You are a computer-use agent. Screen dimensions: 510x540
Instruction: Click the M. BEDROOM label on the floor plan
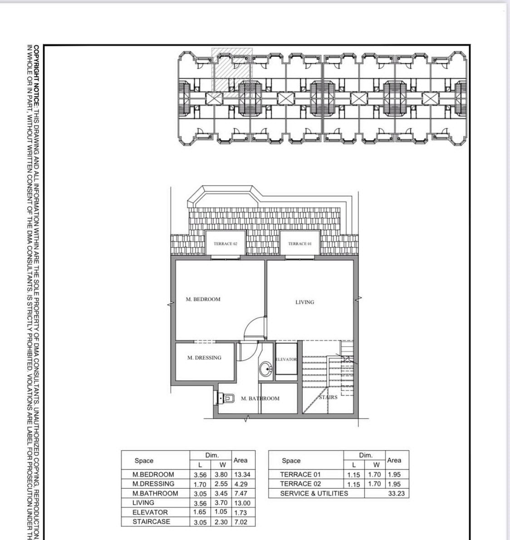tap(203, 299)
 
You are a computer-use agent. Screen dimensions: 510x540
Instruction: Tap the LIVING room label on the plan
tap(304, 302)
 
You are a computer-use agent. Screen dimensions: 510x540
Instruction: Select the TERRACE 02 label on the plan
tap(226, 244)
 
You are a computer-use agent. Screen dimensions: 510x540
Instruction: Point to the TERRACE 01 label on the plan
tap(300, 244)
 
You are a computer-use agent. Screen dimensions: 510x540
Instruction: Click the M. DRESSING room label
tap(204, 358)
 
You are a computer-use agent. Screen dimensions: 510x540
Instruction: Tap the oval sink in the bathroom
tap(266, 369)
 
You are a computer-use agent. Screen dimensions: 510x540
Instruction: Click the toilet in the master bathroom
tap(226, 398)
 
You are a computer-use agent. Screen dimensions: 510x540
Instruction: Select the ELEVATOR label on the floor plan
tap(286, 359)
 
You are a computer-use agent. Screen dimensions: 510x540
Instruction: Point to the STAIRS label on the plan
tap(328, 397)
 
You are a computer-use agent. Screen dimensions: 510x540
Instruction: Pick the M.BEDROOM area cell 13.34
tap(242, 475)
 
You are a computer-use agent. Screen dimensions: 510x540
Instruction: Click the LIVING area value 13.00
tap(242, 503)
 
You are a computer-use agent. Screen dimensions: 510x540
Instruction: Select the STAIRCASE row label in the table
tap(151, 522)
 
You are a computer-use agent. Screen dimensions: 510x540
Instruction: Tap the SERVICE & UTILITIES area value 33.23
tap(397, 494)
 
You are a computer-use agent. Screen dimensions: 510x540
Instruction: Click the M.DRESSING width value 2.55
tap(221, 484)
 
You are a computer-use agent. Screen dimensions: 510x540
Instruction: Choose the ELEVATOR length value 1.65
tap(200, 512)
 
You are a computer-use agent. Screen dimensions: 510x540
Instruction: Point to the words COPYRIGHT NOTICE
tap(36, 76)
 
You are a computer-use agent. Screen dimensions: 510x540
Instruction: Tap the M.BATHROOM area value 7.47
tap(240, 494)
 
